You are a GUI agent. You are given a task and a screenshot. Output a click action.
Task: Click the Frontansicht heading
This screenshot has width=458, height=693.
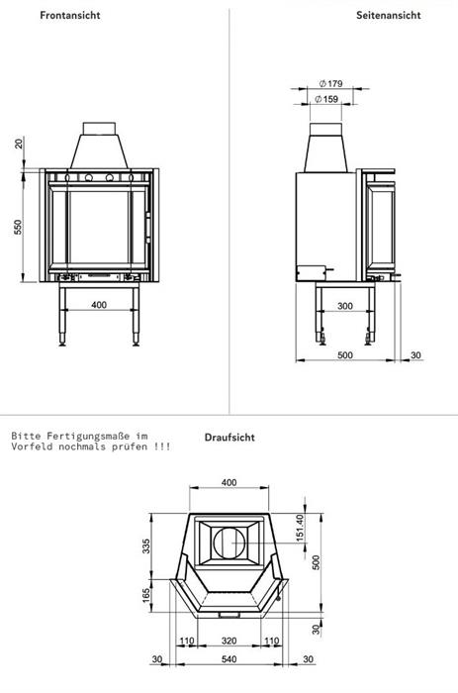click(70, 15)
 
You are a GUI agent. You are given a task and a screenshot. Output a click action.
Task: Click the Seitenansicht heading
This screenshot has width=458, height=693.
click(388, 15)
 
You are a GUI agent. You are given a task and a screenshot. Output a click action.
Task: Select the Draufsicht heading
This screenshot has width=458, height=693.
click(229, 438)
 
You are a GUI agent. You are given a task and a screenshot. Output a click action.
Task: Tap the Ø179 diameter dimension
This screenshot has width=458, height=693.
click(330, 83)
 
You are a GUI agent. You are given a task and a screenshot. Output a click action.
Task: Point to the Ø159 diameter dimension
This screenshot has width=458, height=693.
click(326, 99)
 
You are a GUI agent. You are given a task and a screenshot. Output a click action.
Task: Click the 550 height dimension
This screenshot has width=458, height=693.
click(18, 227)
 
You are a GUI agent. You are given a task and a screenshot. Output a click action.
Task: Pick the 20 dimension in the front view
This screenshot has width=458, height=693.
click(19, 144)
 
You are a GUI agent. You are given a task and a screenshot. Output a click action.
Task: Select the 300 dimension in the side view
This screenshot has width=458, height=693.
click(345, 306)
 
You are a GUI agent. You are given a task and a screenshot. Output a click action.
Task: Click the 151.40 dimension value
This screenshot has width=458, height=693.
click(300, 528)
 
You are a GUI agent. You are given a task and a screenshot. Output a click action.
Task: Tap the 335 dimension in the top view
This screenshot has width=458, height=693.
click(146, 545)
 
